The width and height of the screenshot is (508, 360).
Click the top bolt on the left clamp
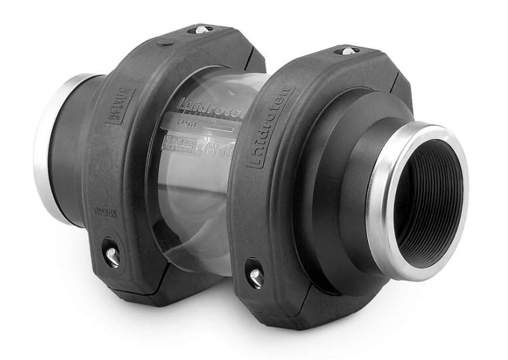[201, 29]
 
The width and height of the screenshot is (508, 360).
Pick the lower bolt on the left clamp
[111, 255]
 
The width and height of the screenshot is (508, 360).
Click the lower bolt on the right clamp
[256, 275]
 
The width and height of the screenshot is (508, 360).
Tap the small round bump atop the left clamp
[166, 43]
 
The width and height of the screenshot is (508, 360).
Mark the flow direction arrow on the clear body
[213, 124]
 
